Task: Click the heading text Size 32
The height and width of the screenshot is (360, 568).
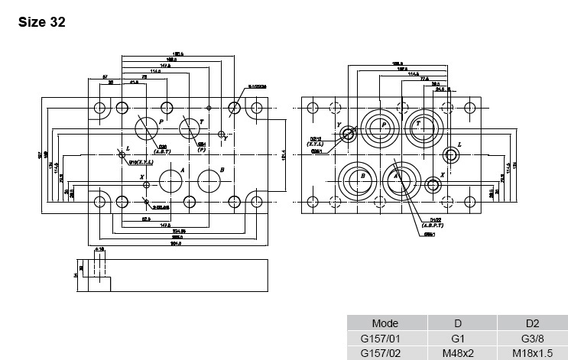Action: click(41, 22)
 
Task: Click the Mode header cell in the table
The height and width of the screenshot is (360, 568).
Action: click(385, 323)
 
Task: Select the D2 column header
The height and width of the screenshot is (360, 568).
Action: click(532, 323)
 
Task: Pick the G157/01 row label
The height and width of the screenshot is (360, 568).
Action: click(385, 338)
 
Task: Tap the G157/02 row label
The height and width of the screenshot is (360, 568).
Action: click(385, 352)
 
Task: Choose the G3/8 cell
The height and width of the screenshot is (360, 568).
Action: click(532, 338)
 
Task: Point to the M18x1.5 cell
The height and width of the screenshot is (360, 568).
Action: click(532, 352)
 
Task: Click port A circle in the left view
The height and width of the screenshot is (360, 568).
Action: click(170, 181)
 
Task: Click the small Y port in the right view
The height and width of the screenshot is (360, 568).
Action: click(349, 135)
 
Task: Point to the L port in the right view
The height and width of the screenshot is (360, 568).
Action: click(451, 156)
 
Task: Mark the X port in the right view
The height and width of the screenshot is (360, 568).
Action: click(433, 184)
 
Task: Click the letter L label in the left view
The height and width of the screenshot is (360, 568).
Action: click(128, 148)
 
